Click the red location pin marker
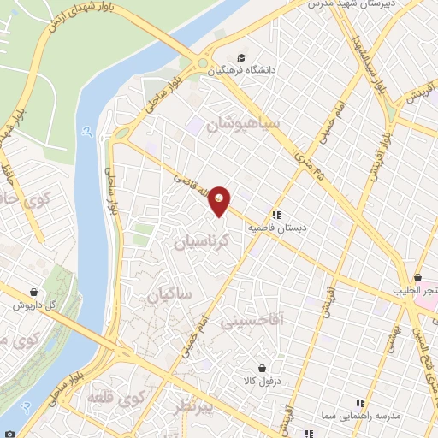pos(221,200)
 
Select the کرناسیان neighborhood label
pos(202,241)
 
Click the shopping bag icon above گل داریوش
pos(33,292)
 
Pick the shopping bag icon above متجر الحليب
pos(417,277)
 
